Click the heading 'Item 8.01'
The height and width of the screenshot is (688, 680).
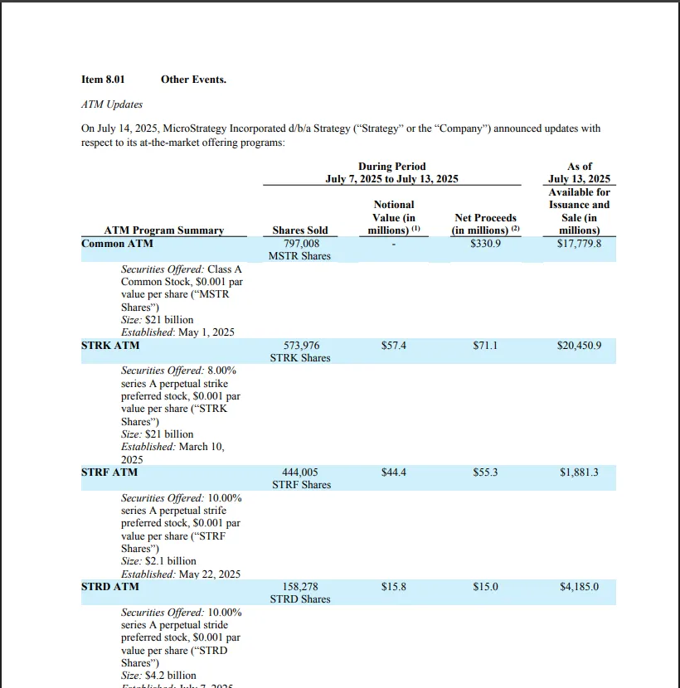pos(103,80)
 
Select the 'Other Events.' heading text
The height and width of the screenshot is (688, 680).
pos(193,80)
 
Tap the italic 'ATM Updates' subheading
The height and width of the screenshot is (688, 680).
pos(112,104)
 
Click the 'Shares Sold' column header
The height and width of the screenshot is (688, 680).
pos(300,230)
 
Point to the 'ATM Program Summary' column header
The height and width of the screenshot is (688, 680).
pos(164,230)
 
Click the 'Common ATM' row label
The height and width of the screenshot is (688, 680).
pos(117,244)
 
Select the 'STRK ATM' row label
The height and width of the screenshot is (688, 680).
pos(110,345)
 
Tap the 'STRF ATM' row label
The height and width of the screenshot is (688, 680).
pos(109,472)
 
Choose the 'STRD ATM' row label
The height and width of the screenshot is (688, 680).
pos(110,587)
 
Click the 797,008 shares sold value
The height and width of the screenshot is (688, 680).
pos(300,244)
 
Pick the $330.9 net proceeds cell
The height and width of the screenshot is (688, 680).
pos(485,244)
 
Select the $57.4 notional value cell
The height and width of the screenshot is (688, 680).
pos(393,345)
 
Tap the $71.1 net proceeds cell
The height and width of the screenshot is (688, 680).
pos(485,345)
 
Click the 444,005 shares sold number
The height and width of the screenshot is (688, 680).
pos(300,472)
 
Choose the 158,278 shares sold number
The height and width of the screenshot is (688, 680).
pos(300,587)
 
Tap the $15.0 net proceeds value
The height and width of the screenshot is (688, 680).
pos(485,587)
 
